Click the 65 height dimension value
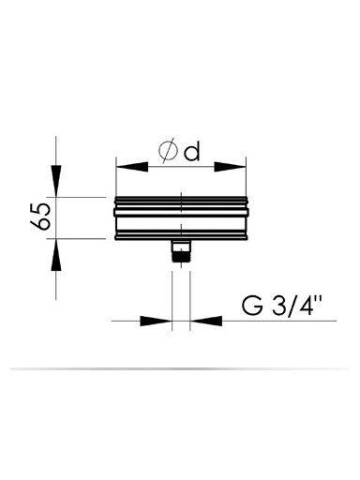click(40, 217)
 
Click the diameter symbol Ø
click(167, 152)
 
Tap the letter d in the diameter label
click(191, 152)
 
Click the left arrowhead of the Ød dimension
click(131, 167)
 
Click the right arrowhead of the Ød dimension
click(231, 167)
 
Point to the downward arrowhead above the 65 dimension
click(56, 181)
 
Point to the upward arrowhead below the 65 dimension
click(56, 255)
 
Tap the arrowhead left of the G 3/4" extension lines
click(157, 321)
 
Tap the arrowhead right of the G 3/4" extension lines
click(206, 321)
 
